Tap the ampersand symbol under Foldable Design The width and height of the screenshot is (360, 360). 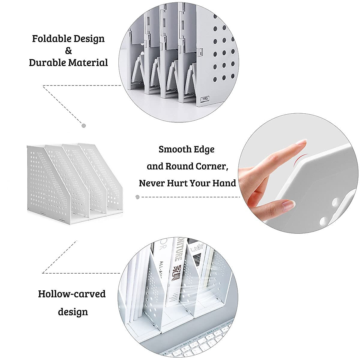68,51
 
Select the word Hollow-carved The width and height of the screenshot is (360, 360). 72,294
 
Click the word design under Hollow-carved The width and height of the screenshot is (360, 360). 73,312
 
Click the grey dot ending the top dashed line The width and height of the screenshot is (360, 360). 84,125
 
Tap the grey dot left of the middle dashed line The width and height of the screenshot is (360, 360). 137,197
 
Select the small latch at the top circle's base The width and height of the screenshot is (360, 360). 205,98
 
